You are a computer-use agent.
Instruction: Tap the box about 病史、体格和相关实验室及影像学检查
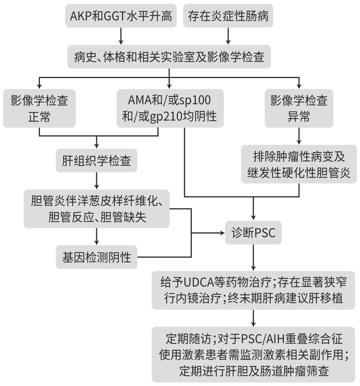click(169, 57)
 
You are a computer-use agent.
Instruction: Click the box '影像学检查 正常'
click(39, 108)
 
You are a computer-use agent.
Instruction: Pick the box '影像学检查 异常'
click(299, 108)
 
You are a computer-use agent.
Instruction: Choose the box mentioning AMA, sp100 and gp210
click(170, 108)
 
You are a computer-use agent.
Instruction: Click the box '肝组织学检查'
click(96, 161)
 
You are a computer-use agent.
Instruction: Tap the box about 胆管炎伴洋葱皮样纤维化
click(96, 208)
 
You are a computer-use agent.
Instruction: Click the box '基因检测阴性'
click(96, 257)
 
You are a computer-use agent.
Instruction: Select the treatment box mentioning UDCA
click(253, 290)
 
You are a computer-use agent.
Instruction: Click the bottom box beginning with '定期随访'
click(253, 354)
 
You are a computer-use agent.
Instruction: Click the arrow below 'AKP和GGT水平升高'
click(121, 36)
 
